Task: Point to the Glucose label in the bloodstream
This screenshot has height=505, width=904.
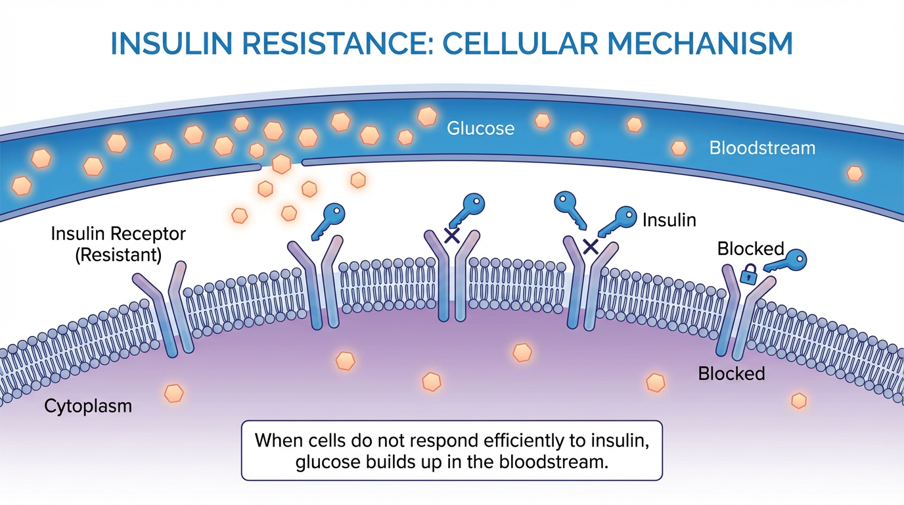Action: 480,128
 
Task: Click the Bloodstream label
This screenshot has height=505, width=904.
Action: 762,148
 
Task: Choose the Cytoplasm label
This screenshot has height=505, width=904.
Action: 88,406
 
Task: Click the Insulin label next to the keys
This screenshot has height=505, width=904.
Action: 669,219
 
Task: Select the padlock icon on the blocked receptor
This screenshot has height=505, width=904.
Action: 749,274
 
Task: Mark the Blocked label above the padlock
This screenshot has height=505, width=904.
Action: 750,249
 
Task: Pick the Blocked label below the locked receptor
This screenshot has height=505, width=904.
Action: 731,373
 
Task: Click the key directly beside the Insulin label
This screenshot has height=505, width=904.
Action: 618,220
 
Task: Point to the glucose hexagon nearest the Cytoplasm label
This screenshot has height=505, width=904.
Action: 173,393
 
